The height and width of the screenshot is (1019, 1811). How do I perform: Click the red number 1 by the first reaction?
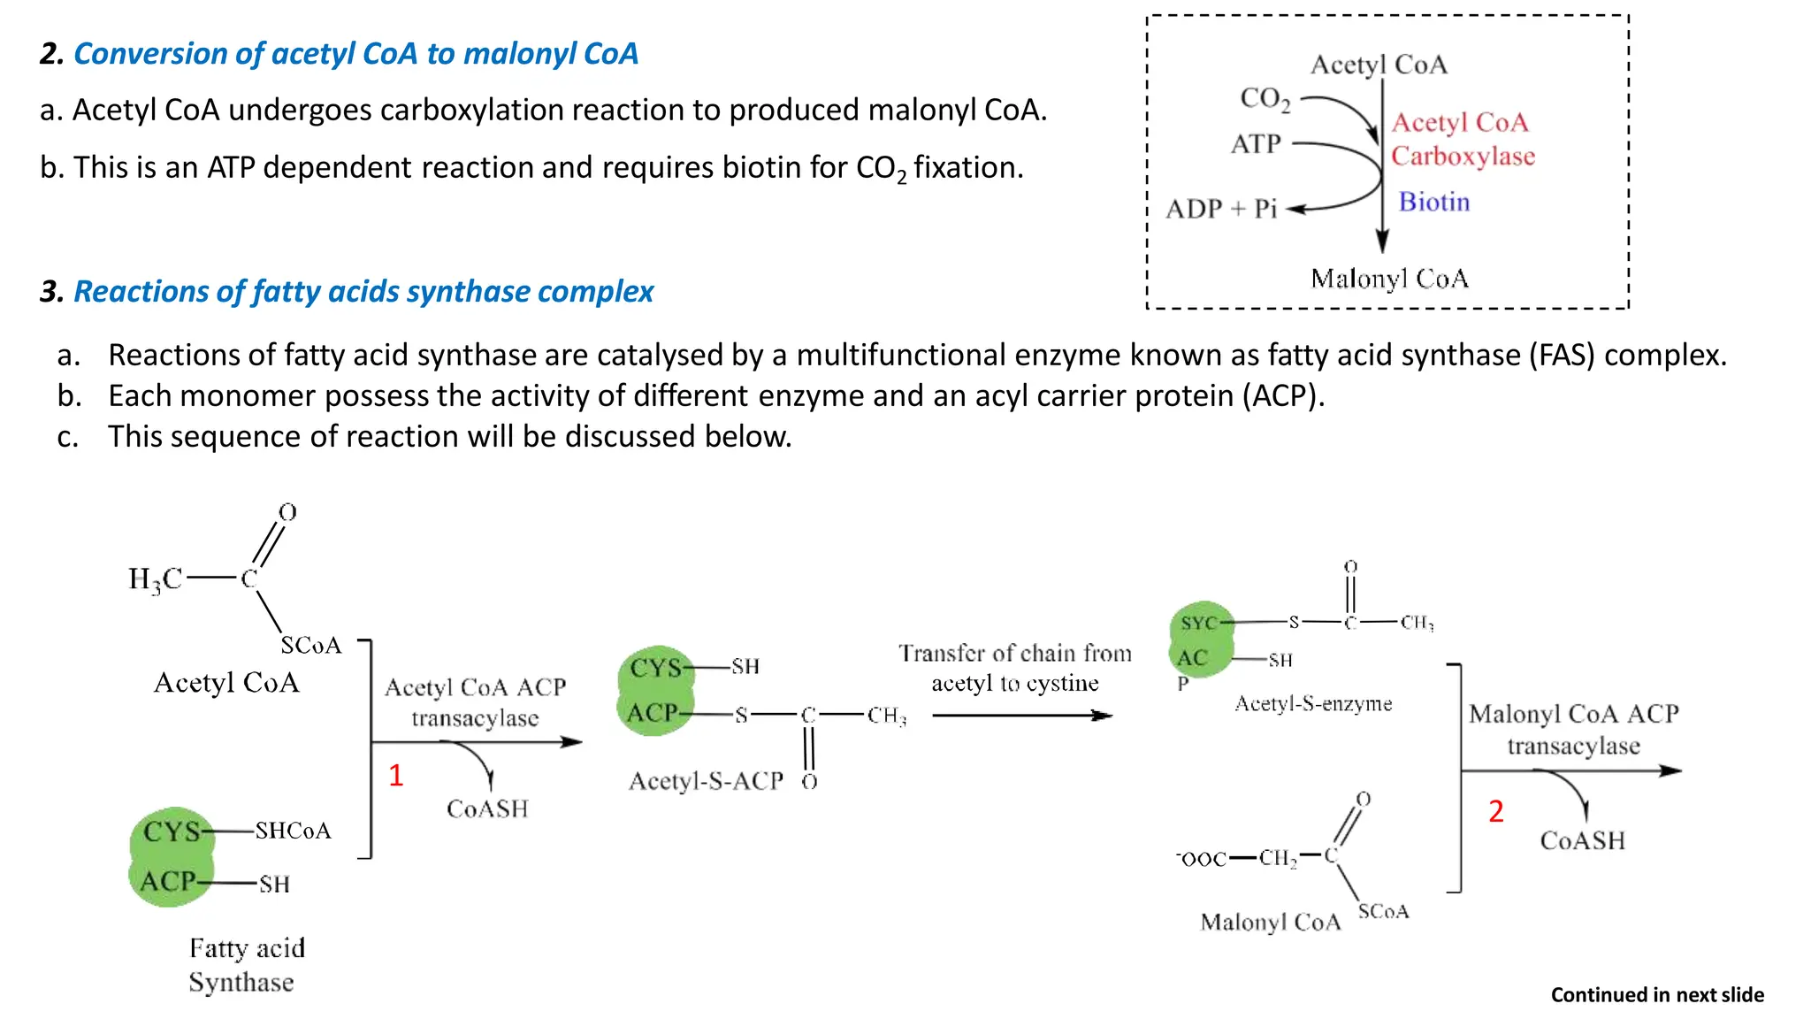tap(395, 776)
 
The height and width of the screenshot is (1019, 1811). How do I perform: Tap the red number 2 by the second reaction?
tap(1495, 811)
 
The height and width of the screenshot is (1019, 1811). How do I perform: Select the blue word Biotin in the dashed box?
tap(1433, 203)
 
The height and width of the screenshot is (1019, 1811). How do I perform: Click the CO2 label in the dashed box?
tap(1265, 98)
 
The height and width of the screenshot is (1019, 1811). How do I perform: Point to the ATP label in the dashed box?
tap(1256, 144)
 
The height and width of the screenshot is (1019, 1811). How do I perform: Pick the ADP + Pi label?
tap(1221, 210)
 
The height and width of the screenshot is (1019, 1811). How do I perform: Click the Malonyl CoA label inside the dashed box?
tap(1388, 280)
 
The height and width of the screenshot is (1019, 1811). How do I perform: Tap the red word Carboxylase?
tap(1463, 157)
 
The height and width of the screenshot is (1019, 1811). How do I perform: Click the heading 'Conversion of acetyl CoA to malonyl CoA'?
tap(355, 54)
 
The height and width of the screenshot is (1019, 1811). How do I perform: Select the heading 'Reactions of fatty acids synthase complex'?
tap(363, 292)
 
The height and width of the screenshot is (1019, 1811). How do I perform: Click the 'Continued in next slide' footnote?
tap(1657, 995)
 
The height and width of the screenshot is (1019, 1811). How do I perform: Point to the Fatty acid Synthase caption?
tap(246, 965)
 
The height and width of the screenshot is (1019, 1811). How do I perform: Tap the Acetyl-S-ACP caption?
tap(706, 781)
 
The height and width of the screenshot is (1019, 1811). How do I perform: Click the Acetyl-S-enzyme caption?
tap(1313, 704)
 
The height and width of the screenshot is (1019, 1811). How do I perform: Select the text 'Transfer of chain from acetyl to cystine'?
tap(1015, 668)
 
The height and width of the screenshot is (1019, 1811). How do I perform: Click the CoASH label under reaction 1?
tap(487, 809)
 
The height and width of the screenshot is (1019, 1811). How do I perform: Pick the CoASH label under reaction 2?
tap(1582, 841)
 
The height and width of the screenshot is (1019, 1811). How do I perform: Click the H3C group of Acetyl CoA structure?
tap(155, 579)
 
